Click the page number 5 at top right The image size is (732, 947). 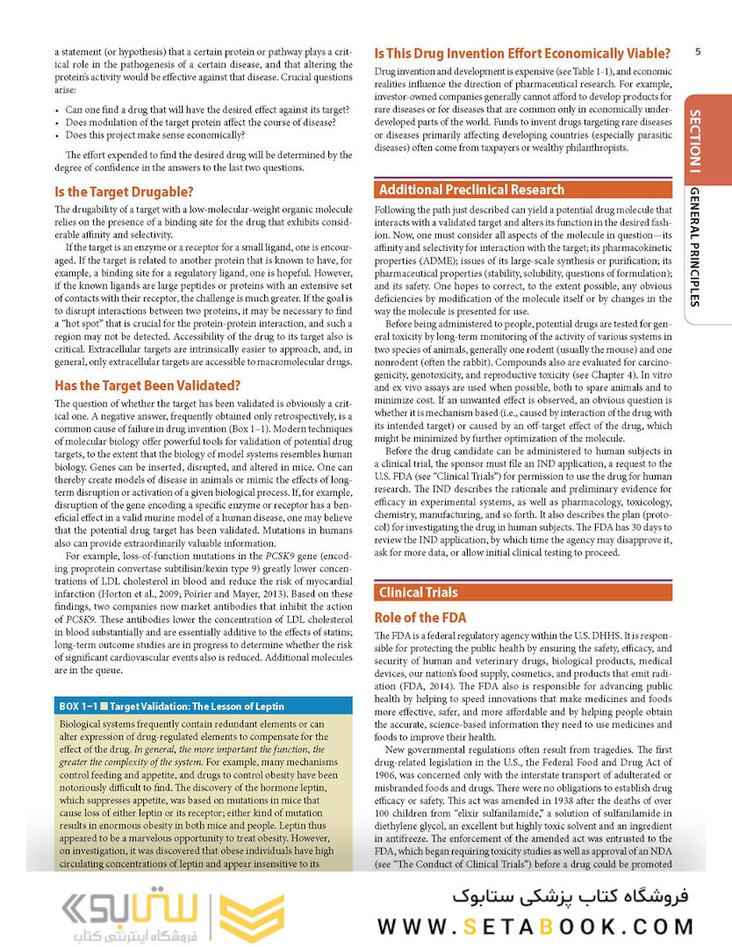click(x=696, y=52)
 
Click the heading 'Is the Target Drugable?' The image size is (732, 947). click(x=124, y=191)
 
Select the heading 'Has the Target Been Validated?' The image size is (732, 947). click(x=147, y=385)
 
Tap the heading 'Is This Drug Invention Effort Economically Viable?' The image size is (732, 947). click(x=522, y=53)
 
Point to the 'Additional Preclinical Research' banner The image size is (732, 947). click(x=472, y=190)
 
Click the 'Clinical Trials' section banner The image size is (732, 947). click(x=418, y=592)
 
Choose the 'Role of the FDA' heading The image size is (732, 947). click(x=420, y=618)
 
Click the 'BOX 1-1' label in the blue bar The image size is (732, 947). click(x=77, y=707)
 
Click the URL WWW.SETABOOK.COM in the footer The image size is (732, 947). click(x=535, y=927)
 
